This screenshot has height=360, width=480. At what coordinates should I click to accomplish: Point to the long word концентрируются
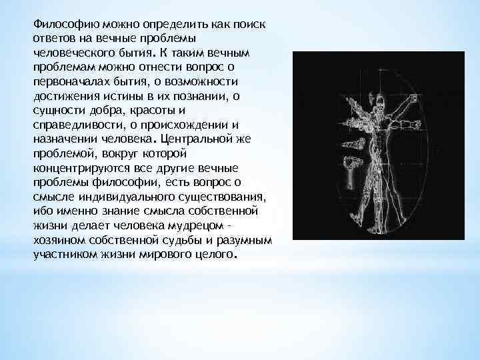coord(77,168)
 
